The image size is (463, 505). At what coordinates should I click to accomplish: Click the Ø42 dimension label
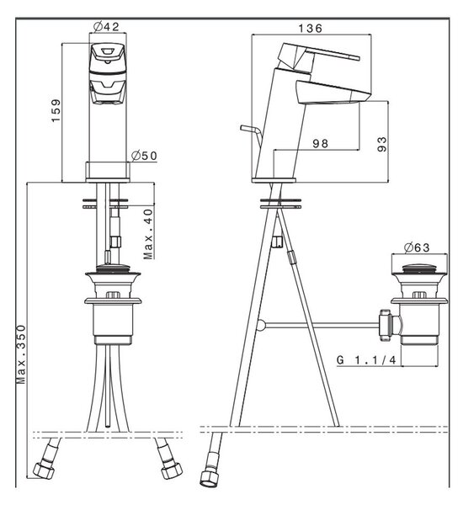pyautogui.click(x=106, y=26)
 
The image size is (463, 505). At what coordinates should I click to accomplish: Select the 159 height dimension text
pyautogui.click(x=56, y=110)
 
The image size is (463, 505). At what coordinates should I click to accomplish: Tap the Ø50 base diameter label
pyautogui.click(x=144, y=156)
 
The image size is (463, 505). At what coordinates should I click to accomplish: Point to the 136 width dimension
pyautogui.click(x=310, y=29)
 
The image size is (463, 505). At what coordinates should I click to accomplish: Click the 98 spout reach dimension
pyautogui.click(x=320, y=143)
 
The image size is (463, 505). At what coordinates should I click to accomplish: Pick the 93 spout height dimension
pyautogui.click(x=381, y=144)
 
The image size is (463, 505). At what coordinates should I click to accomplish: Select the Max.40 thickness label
pyautogui.click(x=148, y=234)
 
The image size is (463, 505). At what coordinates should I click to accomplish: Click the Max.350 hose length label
pyautogui.click(x=21, y=354)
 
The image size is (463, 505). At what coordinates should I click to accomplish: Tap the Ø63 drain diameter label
pyautogui.click(x=417, y=247)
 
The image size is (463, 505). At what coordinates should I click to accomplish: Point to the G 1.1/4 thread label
pyautogui.click(x=366, y=359)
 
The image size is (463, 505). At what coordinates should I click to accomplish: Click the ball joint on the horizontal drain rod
pyautogui.click(x=261, y=325)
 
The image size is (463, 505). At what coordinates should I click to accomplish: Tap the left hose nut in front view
pyautogui.click(x=44, y=470)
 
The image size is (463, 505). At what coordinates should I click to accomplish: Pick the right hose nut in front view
pyautogui.click(x=172, y=470)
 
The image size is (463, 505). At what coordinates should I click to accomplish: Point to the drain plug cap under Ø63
pyautogui.click(x=418, y=269)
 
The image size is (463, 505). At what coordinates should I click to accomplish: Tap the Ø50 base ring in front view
pyautogui.click(x=108, y=172)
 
